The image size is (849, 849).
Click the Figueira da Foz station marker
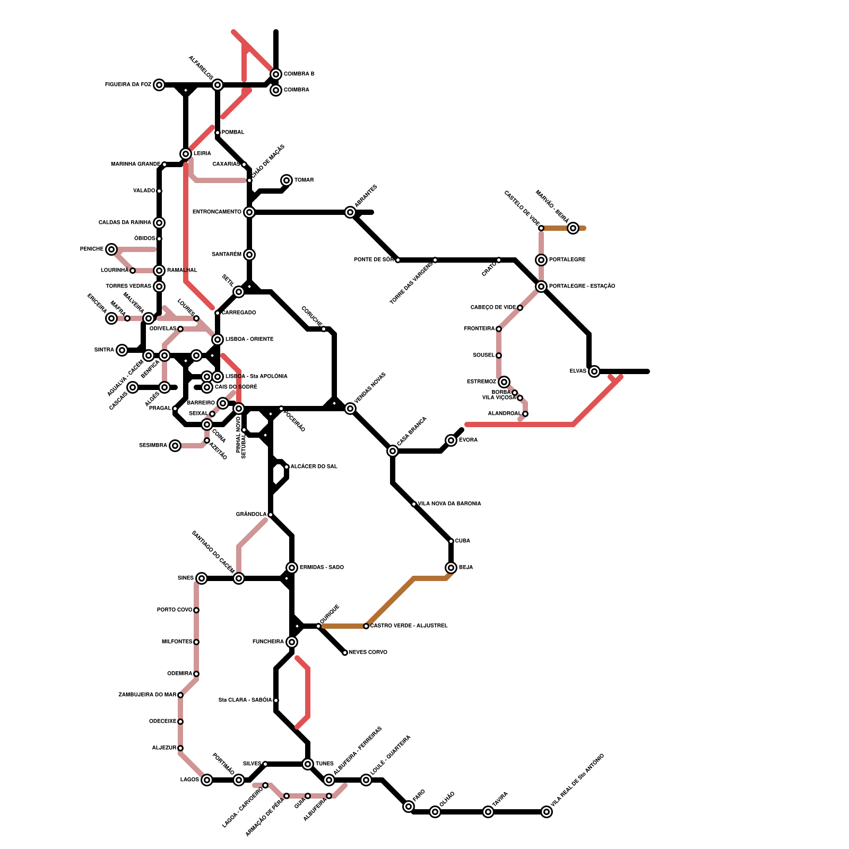[x=159, y=85]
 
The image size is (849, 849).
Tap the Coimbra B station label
[x=299, y=74]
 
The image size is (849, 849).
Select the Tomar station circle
[x=287, y=180]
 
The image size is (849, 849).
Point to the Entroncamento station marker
[x=249, y=212]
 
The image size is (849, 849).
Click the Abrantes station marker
[x=350, y=212]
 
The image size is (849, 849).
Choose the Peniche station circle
[x=111, y=249]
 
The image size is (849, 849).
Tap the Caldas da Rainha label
[x=125, y=223]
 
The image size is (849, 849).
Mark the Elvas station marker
[x=594, y=371]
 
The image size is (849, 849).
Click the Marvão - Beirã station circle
[x=573, y=228]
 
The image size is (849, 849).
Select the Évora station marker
[x=451, y=440]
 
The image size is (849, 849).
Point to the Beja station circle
[x=451, y=568]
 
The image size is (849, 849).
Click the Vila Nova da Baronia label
[x=449, y=504]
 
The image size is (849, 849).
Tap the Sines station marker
[x=202, y=578]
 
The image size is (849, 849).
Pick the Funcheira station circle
[x=292, y=642]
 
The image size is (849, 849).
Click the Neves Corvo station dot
[x=345, y=653]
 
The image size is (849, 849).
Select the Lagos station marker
[x=207, y=780]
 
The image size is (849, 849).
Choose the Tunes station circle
[x=308, y=764]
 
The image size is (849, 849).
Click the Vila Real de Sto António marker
[x=547, y=812]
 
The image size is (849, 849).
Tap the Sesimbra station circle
[x=175, y=446]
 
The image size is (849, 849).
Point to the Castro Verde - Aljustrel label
[x=409, y=626]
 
